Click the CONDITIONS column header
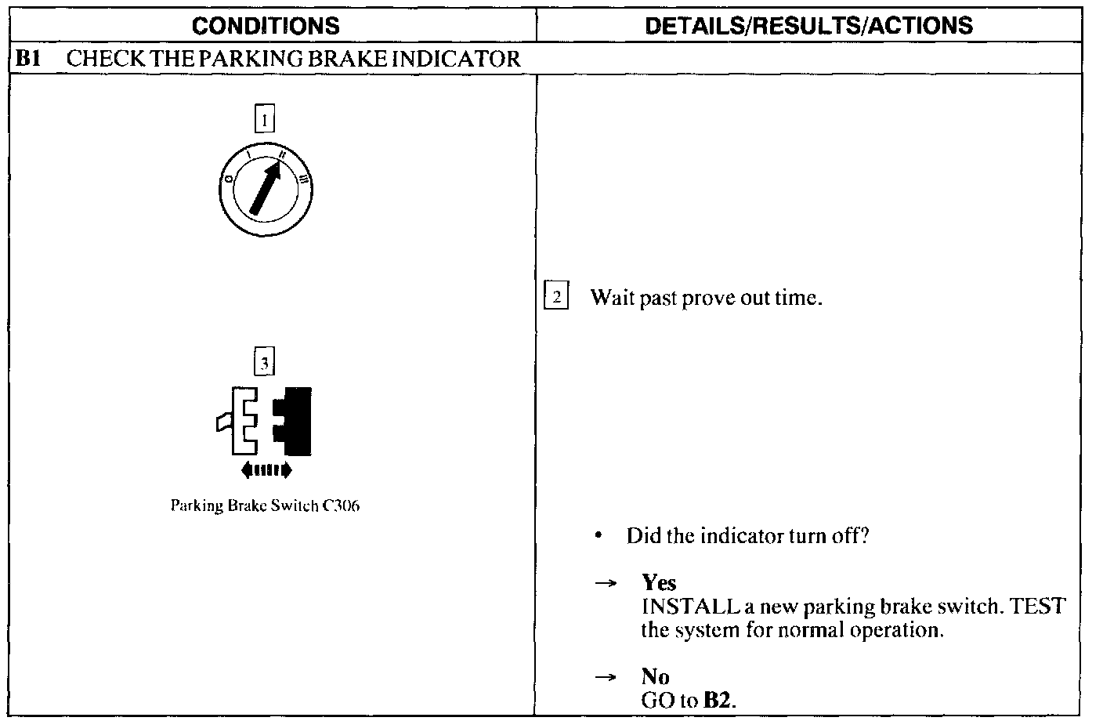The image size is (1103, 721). [x=266, y=26]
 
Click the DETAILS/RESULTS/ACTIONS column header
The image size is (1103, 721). [x=808, y=26]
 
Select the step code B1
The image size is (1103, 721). [x=27, y=59]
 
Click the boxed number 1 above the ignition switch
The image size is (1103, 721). [x=265, y=120]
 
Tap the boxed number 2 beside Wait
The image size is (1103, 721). [x=555, y=297]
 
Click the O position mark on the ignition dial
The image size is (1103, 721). [x=229, y=179]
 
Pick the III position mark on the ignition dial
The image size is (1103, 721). [x=302, y=181]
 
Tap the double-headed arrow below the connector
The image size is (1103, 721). [x=266, y=470]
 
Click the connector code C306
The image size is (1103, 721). [x=342, y=505]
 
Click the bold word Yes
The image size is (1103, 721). [x=659, y=582]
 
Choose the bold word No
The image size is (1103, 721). [x=655, y=676]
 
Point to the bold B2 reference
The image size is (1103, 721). [x=718, y=700]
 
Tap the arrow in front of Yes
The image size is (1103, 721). [x=603, y=583]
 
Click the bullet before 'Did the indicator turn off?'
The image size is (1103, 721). [x=598, y=537]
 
